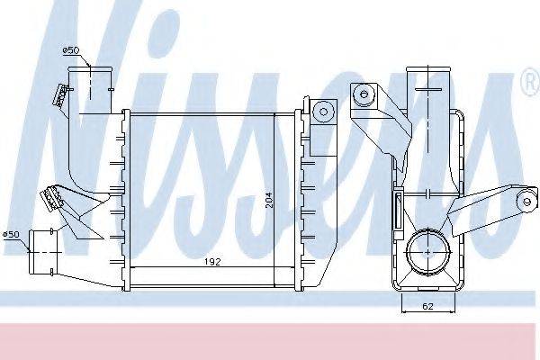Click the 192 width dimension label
click(x=212, y=262)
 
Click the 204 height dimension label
click(x=269, y=200)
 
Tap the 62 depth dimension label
click(x=427, y=306)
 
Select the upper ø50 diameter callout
click(x=71, y=50)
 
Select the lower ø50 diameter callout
click(x=11, y=235)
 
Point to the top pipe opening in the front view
click(x=90, y=69)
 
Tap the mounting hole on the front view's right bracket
click(x=323, y=112)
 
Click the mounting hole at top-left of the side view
click(x=363, y=94)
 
